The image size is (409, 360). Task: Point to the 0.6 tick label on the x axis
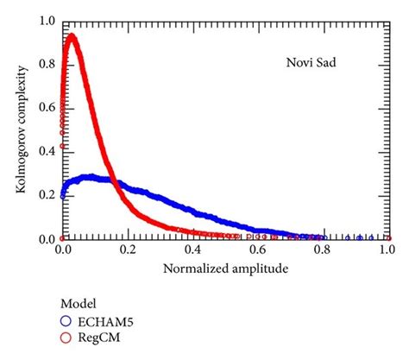tap(257, 250)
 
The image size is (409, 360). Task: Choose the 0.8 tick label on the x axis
tap(322, 250)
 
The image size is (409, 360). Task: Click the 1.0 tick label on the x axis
tap(386, 250)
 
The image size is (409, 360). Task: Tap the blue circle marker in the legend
tap(66, 322)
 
